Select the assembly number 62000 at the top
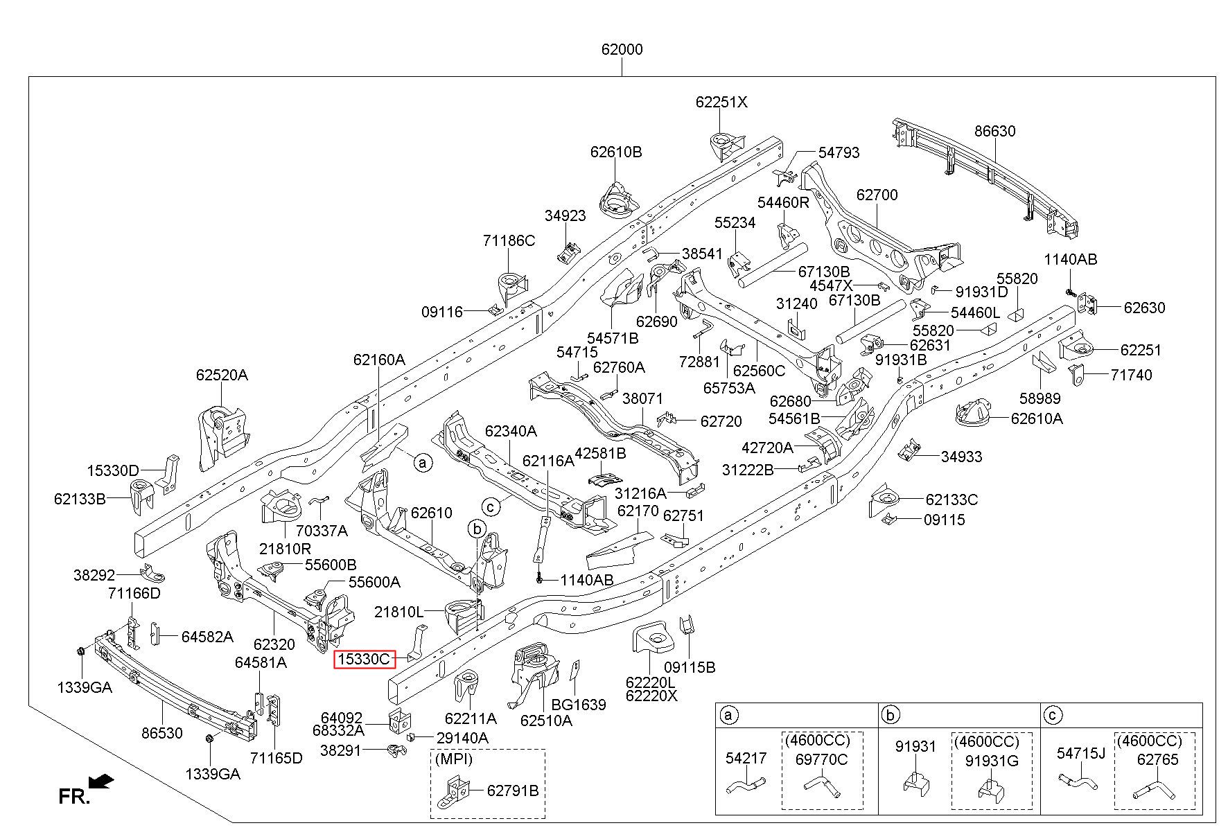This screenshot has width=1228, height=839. point(622,50)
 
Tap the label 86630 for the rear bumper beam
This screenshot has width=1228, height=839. point(994,131)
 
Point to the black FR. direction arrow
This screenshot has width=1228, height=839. point(102,781)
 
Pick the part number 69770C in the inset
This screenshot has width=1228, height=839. point(822,759)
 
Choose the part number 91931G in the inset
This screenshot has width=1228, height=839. point(992,761)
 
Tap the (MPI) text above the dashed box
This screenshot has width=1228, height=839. point(454,759)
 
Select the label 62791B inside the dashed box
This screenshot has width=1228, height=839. point(512,791)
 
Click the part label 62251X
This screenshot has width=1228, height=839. point(722,102)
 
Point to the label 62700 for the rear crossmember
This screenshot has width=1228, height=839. point(877,195)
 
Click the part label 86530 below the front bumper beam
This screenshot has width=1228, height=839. point(161,733)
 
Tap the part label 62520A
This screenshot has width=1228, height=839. point(222,375)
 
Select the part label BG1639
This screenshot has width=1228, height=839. point(579,705)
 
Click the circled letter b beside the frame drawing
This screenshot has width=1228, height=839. point(477,530)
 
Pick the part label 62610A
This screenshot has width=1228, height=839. point(1037,418)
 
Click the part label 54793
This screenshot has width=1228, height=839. point(839,152)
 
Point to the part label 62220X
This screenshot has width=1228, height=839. point(651,696)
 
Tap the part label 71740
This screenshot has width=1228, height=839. point(1131,375)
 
